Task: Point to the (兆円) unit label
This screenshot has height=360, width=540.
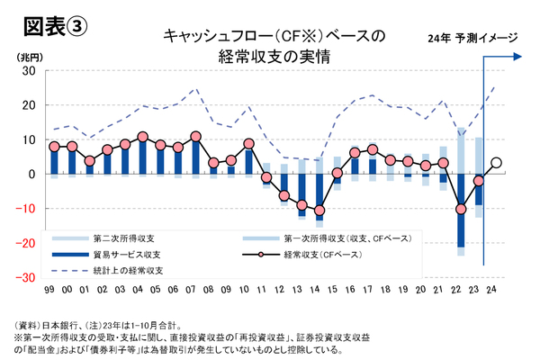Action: (x=30, y=57)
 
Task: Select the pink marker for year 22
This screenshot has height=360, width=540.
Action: (x=462, y=209)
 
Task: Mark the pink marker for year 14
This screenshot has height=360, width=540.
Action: (x=319, y=210)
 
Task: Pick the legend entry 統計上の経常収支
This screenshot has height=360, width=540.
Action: (x=128, y=271)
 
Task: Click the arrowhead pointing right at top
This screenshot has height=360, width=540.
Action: (x=518, y=56)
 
